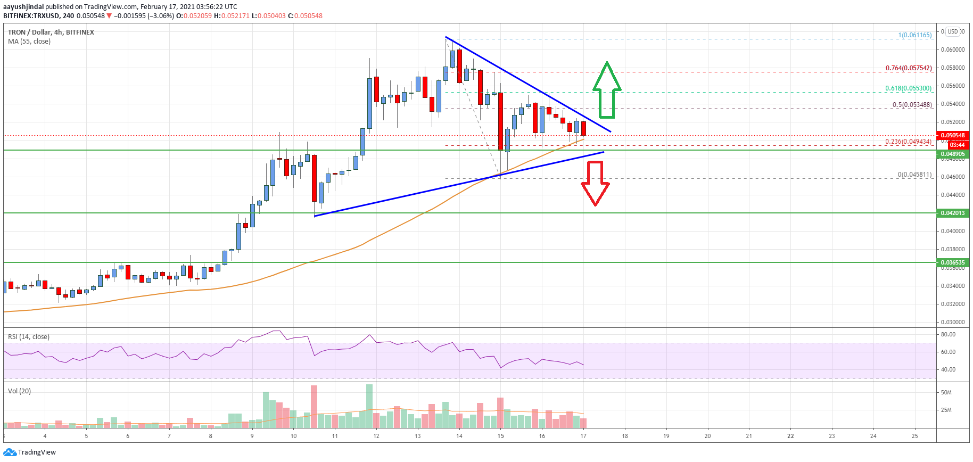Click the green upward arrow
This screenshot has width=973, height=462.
(x=607, y=90)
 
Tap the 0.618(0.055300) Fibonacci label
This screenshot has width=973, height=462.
(x=908, y=88)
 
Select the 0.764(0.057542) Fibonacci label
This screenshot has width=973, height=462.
(x=908, y=68)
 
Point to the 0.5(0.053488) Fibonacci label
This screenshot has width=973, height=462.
(x=912, y=105)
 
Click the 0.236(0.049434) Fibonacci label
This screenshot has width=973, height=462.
(x=908, y=142)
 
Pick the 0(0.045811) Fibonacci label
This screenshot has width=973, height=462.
(x=914, y=175)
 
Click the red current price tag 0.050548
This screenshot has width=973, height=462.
(x=952, y=135)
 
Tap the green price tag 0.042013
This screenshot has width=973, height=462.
(x=952, y=213)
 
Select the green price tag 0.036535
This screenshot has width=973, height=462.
(x=952, y=262)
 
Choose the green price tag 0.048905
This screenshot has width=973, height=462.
(x=952, y=154)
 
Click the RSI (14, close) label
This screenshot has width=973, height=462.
(x=29, y=337)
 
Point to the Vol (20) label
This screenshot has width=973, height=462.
(x=19, y=391)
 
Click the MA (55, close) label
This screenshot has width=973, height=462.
(x=29, y=42)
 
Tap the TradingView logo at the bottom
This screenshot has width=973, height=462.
(x=30, y=452)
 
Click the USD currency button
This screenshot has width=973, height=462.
(x=952, y=31)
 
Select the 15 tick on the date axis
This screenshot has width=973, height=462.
(x=500, y=436)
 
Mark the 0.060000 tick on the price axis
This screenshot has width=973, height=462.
(x=952, y=50)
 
